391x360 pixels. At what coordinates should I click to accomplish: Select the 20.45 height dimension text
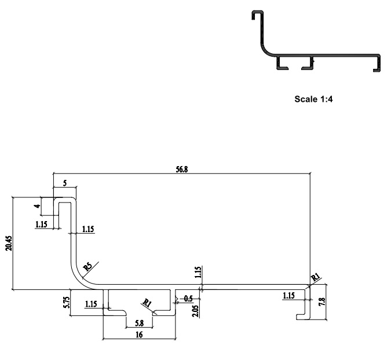pos(8,242)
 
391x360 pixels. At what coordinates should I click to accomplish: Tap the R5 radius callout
pos(87,267)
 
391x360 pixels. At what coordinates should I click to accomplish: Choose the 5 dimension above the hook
pos(64,183)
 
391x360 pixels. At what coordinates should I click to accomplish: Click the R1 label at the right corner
pos(316,278)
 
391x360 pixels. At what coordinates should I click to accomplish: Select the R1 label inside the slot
pos(147,303)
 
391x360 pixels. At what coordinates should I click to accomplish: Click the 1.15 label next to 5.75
pos(90,303)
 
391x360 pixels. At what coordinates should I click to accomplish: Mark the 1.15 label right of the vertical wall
pos(88,229)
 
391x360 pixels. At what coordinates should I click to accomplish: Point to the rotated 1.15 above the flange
pos(198,273)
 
